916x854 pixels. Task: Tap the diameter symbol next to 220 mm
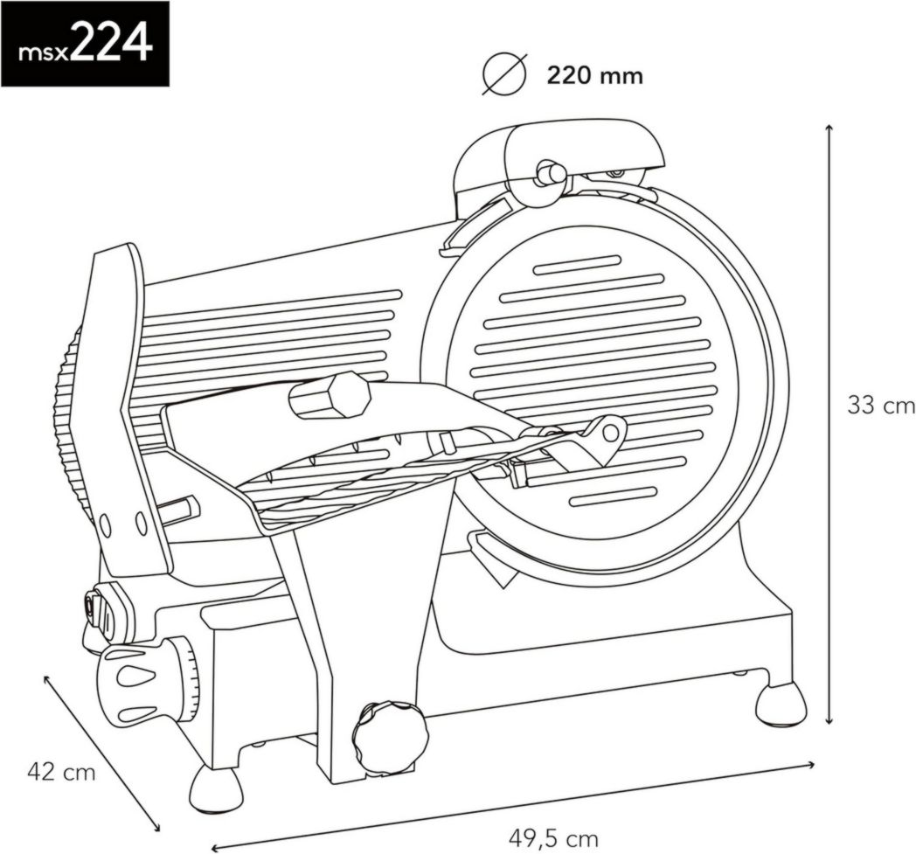505,75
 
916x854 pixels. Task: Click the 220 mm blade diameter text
594,76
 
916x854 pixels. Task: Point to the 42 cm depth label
61,771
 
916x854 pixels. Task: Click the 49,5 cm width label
553,838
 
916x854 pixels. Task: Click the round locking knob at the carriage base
391,737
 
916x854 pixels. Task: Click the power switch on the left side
94,605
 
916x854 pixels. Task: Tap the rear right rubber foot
780,705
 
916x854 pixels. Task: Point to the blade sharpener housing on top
559,157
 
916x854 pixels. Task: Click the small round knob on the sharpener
551,173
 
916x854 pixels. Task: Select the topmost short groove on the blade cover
577,265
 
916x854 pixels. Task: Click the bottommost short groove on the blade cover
612,496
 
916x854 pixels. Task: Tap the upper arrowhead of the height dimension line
829,129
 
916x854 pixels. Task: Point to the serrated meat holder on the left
70,420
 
